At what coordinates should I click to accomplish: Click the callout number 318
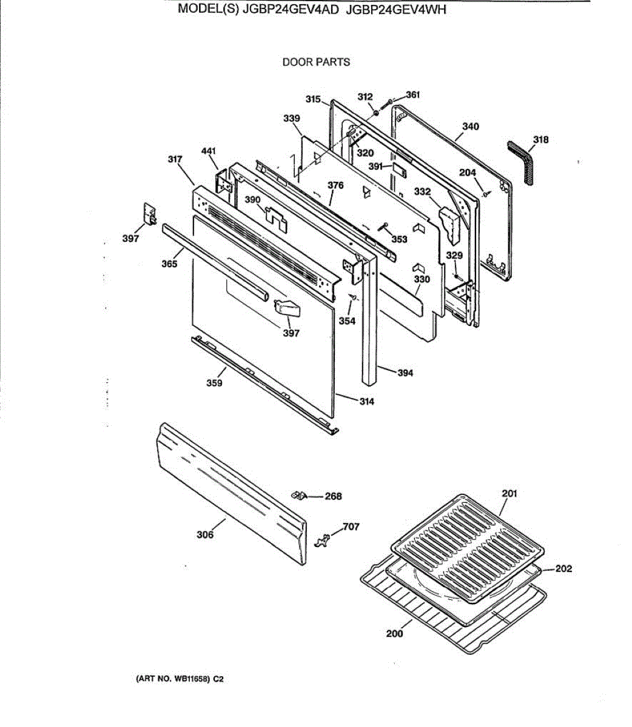[x=540, y=140]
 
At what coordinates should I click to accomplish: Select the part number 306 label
[x=205, y=534]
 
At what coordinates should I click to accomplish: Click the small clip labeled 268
[x=298, y=495]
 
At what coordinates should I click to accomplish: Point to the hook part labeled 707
[x=323, y=539]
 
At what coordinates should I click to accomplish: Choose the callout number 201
[x=509, y=493]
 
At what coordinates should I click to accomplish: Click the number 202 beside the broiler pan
[x=563, y=569]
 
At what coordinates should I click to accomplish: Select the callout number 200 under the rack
[x=394, y=634]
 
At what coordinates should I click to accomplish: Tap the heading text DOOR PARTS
[x=316, y=62]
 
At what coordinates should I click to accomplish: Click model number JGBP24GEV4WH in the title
[x=396, y=27]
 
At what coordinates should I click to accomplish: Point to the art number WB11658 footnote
[x=180, y=679]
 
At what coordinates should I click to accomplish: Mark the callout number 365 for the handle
[x=169, y=264]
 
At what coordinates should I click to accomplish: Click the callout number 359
[x=213, y=383]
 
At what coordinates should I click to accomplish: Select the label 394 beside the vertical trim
[x=405, y=373]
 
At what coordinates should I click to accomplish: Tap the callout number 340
[x=470, y=127]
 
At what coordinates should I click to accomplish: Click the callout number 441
[x=208, y=150]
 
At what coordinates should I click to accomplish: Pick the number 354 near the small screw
[x=347, y=321]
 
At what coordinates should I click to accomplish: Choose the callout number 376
[x=335, y=185]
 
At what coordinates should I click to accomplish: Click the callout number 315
[x=313, y=99]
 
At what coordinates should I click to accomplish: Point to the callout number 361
[x=412, y=95]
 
